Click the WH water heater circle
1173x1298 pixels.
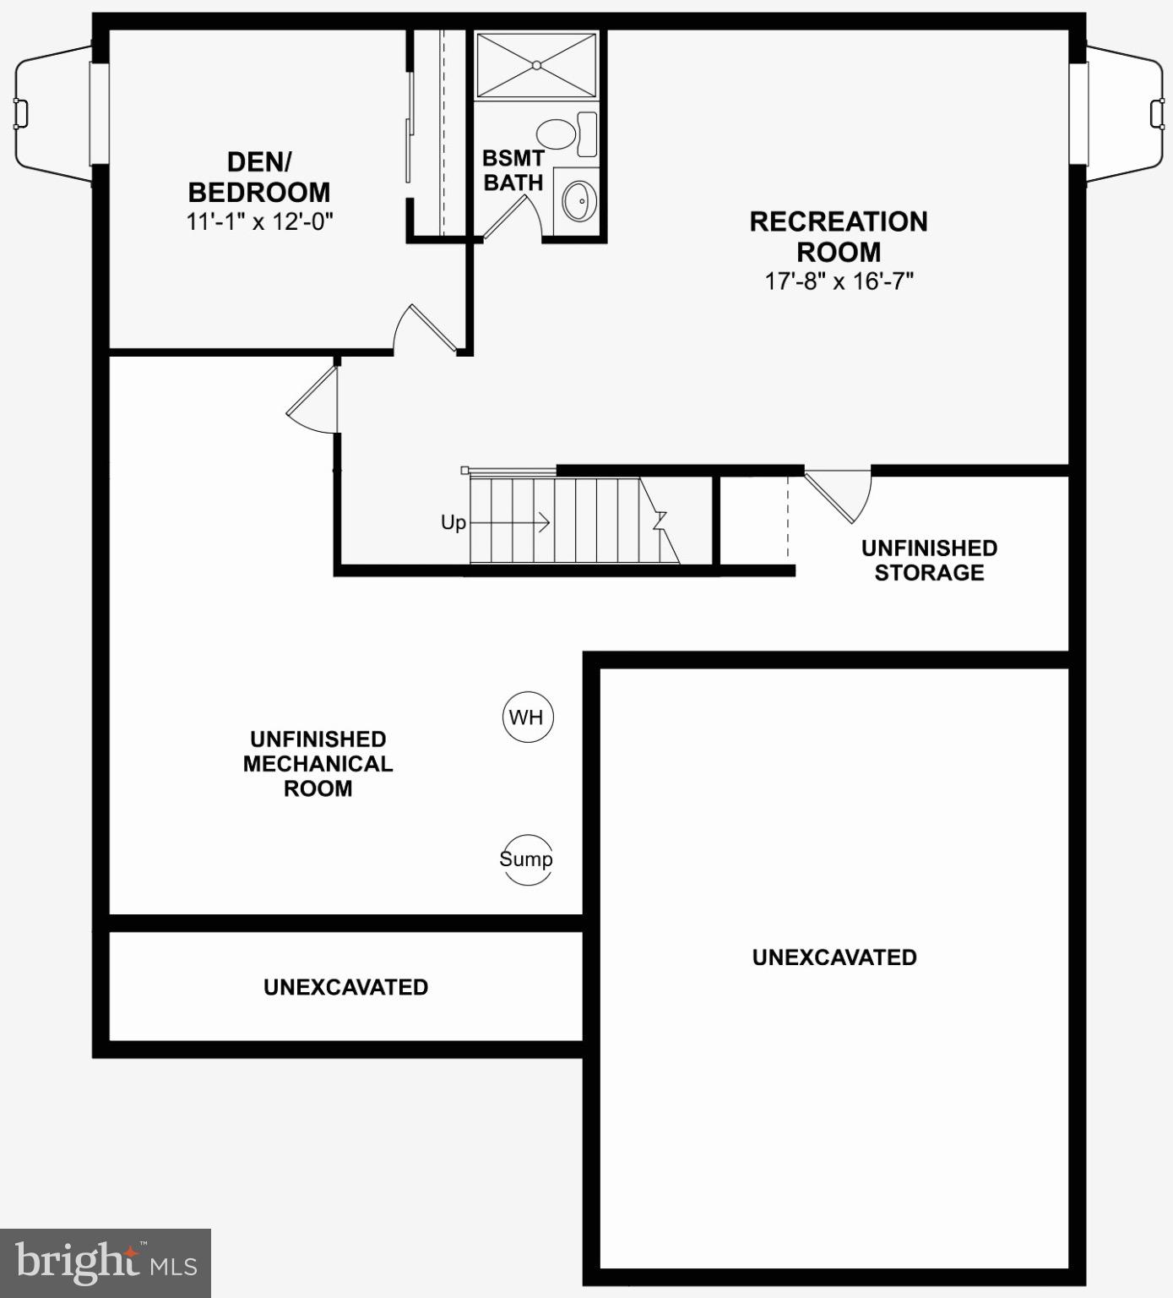pyautogui.click(x=527, y=717)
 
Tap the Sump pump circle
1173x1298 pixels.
pyautogui.click(x=526, y=859)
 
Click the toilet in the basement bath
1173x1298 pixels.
pyautogui.click(x=557, y=133)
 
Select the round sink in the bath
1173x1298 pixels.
pyautogui.click(x=579, y=199)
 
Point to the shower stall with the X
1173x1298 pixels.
pyautogui.click(x=536, y=65)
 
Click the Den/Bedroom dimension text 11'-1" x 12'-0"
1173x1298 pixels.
pyautogui.click(x=260, y=222)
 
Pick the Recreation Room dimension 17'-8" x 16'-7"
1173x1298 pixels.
pyautogui.click(x=839, y=281)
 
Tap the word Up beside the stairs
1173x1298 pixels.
pyautogui.click(x=453, y=523)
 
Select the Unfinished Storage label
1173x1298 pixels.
pyautogui.click(x=929, y=560)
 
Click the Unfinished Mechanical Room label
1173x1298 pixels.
pyautogui.click(x=318, y=764)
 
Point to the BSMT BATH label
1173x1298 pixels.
pyautogui.click(x=513, y=170)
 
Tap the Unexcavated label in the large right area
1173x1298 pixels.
pyautogui.click(x=834, y=957)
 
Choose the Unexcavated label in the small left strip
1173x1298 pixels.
pyautogui.click(x=345, y=987)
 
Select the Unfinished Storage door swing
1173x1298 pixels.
pyautogui.click(x=841, y=494)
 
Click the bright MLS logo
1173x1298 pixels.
pyautogui.click(x=105, y=1263)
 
